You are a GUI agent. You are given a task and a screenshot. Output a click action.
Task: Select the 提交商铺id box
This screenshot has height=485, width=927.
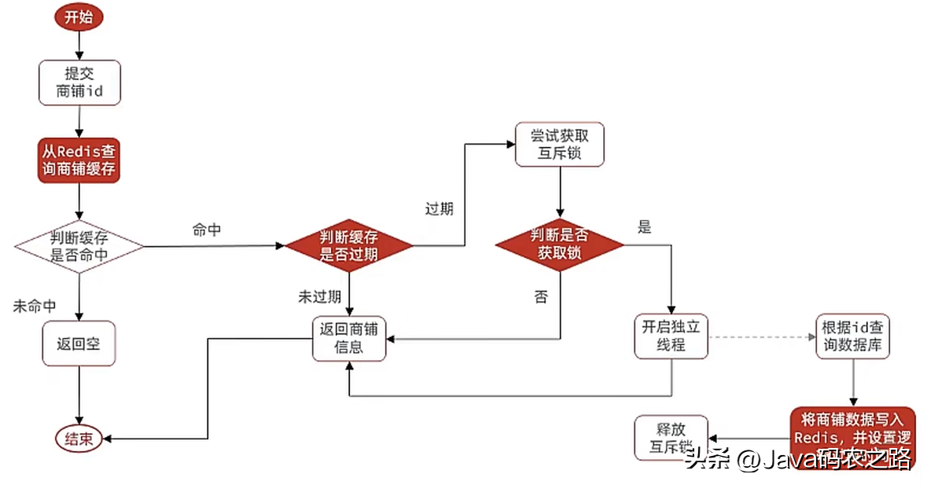[79, 83]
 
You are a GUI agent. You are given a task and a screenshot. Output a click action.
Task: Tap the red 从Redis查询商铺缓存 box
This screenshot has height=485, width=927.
[79, 160]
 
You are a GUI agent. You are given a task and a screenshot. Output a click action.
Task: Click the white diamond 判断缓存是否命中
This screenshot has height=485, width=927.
[79, 246]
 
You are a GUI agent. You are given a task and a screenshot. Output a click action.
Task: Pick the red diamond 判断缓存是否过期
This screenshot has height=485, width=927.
[348, 245]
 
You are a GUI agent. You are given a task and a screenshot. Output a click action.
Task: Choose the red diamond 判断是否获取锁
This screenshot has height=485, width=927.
[559, 244]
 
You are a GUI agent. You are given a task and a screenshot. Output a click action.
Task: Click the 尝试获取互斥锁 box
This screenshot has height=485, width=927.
[559, 144]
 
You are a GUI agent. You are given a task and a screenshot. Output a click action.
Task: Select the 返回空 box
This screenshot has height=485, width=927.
[79, 344]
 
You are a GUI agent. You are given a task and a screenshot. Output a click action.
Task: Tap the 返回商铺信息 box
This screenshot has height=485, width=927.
[349, 338]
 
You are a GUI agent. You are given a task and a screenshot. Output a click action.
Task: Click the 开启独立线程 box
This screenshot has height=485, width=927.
[671, 336]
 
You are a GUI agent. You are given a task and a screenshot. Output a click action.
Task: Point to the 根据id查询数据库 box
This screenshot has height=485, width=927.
[853, 337]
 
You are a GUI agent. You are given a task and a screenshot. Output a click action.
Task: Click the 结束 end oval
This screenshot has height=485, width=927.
[79, 439]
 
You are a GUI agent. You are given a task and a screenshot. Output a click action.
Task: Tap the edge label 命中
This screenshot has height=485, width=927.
[206, 231]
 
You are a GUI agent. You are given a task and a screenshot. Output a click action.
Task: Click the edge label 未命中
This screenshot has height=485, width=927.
[35, 307]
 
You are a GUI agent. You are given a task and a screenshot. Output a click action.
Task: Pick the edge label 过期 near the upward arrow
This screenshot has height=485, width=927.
[439, 210]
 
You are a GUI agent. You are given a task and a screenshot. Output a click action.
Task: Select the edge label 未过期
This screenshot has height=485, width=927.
[319, 297]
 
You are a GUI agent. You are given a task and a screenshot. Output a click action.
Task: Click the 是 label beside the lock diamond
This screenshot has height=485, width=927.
[645, 228]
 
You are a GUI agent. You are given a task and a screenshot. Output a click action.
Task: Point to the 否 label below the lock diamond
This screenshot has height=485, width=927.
[541, 297]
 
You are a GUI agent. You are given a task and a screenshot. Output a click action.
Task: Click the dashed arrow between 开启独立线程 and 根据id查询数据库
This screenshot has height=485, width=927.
[760, 336]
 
